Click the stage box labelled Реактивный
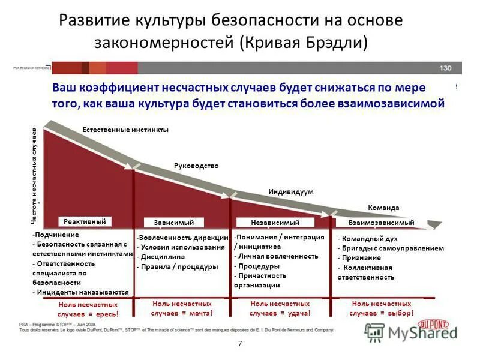coord(85,221)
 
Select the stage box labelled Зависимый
coord(173,223)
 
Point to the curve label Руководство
coord(196,166)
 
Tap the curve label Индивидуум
coord(290,191)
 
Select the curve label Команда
coord(383,208)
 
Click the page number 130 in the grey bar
coord(445,68)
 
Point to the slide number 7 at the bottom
coord(240,343)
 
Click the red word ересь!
coord(106,314)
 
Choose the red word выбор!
coord(399,313)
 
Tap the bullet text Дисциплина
coord(160,257)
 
